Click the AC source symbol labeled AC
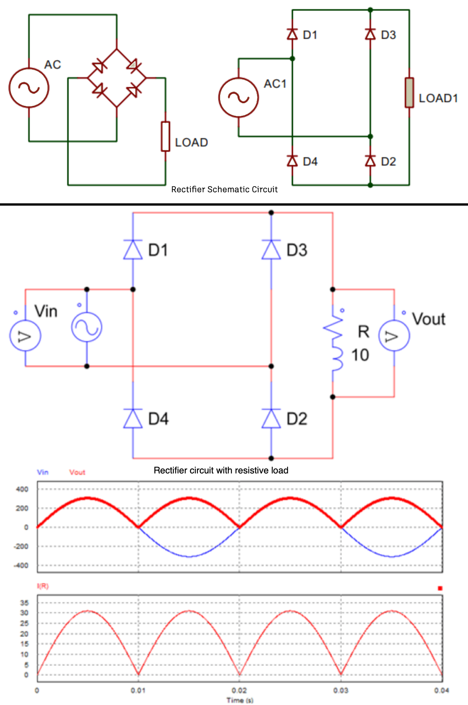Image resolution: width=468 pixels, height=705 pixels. click(29, 88)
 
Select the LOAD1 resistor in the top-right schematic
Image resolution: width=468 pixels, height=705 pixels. click(409, 93)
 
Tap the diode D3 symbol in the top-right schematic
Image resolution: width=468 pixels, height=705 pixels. click(370, 35)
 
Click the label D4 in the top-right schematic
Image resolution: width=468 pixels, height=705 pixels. click(310, 162)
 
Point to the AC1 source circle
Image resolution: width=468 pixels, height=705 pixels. click(239, 97)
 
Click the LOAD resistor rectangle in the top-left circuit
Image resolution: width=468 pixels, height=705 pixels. click(165, 136)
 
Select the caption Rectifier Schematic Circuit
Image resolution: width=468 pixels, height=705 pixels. click(224, 190)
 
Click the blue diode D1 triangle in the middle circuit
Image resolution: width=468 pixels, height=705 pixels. click(133, 250)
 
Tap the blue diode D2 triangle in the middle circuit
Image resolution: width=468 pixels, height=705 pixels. click(271, 418)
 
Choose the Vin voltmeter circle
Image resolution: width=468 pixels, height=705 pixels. click(25, 336)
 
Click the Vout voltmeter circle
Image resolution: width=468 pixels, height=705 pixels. click(394, 336)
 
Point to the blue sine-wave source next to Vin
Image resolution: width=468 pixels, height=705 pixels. click(87, 327)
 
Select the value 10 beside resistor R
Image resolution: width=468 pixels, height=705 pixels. click(360, 355)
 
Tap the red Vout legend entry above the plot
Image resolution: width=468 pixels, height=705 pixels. click(77, 472)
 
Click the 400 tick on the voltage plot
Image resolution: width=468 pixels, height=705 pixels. click(22, 489)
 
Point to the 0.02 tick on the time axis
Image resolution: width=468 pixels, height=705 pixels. click(239, 691)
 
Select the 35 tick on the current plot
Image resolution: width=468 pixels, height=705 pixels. click(24, 603)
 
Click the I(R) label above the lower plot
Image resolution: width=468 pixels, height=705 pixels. click(43, 586)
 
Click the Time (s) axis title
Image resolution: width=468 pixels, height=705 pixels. click(240, 700)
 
